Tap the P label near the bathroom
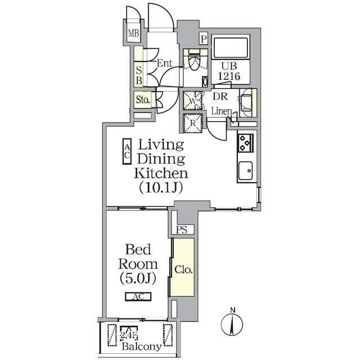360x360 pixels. pyautogui.click(x=203, y=39)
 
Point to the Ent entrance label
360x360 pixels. pyautogui.click(x=164, y=64)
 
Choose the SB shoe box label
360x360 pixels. pyautogui.click(x=139, y=75)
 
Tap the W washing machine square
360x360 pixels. pyautogui.click(x=192, y=101)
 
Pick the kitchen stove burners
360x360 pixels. pyautogui.click(x=246, y=144)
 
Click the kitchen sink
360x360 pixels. pyautogui.click(x=246, y=170)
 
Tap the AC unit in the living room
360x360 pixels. pyautogui.click(x=127, y=152)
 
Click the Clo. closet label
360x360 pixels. pyautogui.click(x=183, y=269)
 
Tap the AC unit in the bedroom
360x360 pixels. pyautogui.click(x=138, y=297)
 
